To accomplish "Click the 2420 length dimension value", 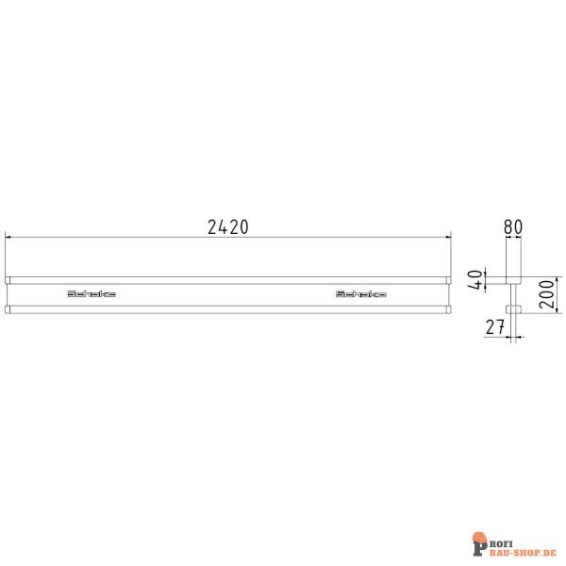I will click(227, 226).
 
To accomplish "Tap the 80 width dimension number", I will click(514, 226).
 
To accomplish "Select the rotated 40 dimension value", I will click(478, 280).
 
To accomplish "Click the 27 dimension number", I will click(496, 327).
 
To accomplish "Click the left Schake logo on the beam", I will click(92, 294).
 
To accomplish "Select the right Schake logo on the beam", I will click(361, 294).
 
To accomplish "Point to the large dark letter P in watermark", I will click(478, 544).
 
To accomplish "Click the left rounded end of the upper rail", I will click(8, 280).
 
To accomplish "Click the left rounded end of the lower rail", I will click(8, 308).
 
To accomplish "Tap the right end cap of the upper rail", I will click(447, 280).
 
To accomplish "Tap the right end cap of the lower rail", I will click(447, 308).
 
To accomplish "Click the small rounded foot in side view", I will click(514, 308).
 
